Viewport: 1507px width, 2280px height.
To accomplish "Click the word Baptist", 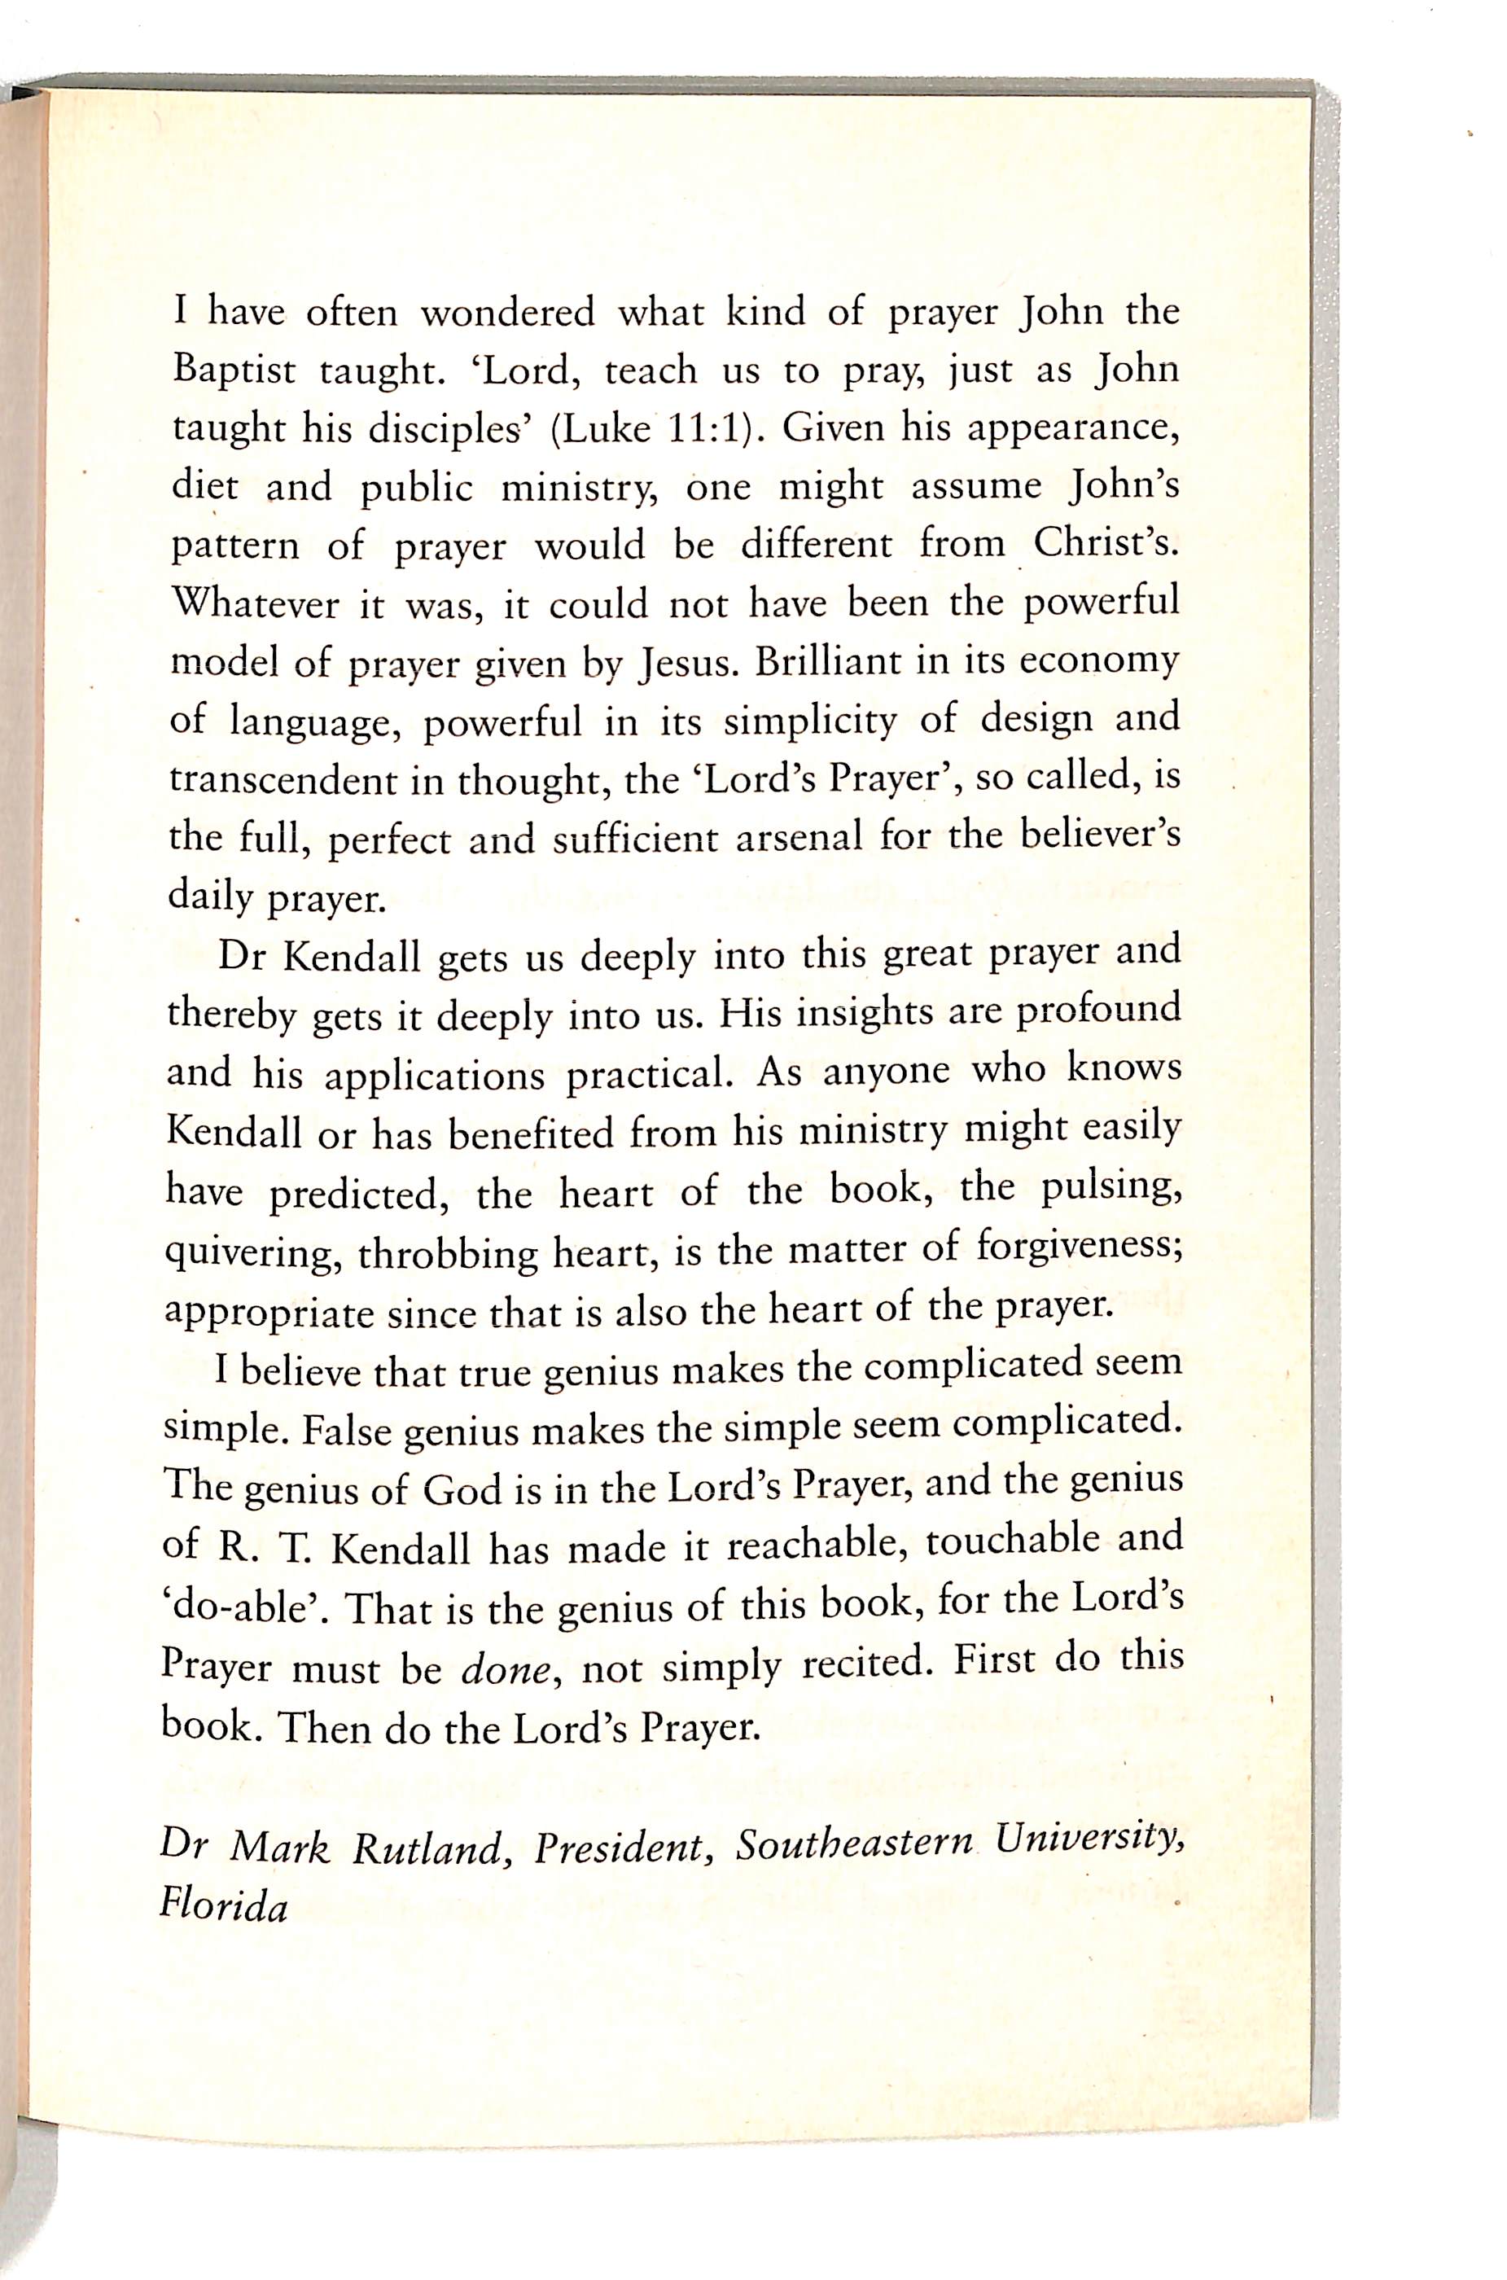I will (234, 371).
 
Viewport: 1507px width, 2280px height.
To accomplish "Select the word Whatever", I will (251, 604).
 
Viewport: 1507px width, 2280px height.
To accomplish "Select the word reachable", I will (815, 1546).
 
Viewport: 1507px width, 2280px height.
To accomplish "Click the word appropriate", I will (269, 1314).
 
